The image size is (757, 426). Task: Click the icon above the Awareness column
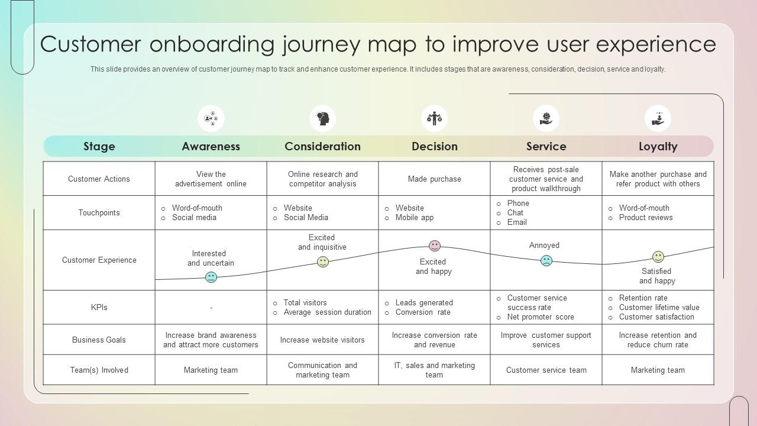coord(211,118)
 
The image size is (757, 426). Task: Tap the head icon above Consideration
coord(322,118)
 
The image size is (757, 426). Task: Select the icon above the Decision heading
coord(434,118)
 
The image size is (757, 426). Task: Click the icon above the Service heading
coord(546,118)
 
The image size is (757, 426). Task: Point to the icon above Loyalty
coord(658,118)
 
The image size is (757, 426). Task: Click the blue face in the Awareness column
coord(211,277)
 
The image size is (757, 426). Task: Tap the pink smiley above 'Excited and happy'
coord(435,246)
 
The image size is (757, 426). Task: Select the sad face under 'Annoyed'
coord(546,260)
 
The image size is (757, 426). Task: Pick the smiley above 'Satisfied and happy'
coord(658,257)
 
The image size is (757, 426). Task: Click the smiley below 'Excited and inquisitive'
coord(323,262)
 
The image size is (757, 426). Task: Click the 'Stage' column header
coord(99,146)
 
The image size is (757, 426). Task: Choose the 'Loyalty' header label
coord(658,146)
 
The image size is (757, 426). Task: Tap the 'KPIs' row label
coord(99,307)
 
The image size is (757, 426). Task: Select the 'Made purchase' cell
coord(434,179)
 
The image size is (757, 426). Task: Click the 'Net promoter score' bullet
coord(541,317)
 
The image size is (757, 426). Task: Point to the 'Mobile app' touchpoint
coord(414,217)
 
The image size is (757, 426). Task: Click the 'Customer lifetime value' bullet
coord(659,307)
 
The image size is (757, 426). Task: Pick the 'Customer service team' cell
coord(546,370)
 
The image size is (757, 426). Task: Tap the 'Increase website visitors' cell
coord(322,340)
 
